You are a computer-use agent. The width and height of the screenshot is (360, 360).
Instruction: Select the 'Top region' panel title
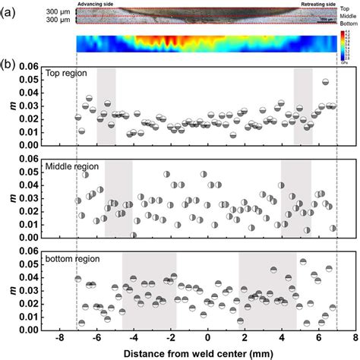click(67, 74)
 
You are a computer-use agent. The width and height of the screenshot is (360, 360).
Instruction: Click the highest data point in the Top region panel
click(325, 81)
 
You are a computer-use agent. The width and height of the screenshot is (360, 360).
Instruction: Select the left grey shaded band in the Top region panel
click(106, 106)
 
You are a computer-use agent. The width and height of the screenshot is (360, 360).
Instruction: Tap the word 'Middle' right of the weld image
click(349, 15)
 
